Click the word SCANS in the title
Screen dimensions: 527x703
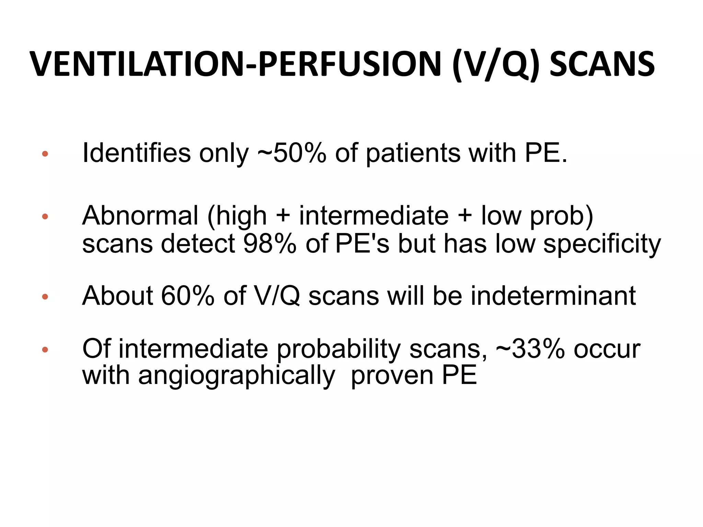[x=602, y=65]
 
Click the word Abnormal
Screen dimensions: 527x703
[x=140, y=216]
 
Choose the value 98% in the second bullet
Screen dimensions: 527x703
[x=270, y=244]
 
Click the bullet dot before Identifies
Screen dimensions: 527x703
[x=45, y=154]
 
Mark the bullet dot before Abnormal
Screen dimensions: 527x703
[x=45, y=216]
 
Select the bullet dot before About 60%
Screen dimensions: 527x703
[x=45, y=296]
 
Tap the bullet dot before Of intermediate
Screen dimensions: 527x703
[x=45, y=350]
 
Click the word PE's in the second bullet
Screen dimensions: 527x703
[x=362, y=244]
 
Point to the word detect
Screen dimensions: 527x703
[x=198, y=244]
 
